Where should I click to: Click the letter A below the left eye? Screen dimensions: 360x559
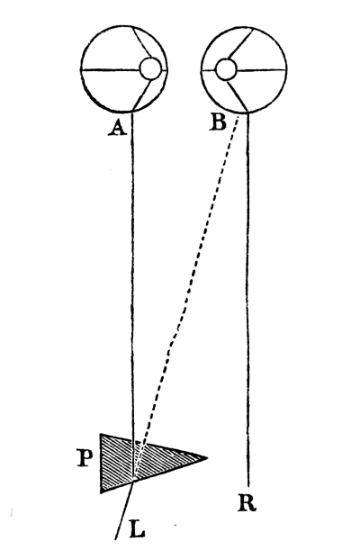tap(118, 127)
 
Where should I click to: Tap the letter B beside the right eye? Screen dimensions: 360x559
tap(218, 122)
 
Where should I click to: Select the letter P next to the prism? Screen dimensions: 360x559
tap(85, 458)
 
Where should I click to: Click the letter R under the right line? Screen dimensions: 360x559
tap(247, 503)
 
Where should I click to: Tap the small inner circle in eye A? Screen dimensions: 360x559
tap(149, 68)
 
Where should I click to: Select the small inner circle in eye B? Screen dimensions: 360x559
tap(226, 69)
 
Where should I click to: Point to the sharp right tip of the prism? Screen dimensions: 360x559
tap(207, 457)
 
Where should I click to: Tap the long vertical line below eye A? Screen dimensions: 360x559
tap(133, 296)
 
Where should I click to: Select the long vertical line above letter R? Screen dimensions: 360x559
tap(247, 299)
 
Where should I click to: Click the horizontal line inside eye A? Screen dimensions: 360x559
tap(110, 69)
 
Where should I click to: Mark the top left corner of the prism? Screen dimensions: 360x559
tap(101, 435)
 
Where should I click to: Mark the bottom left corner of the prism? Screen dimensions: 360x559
tap(102, 492)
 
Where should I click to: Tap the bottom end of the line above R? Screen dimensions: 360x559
tap(248, 485)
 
